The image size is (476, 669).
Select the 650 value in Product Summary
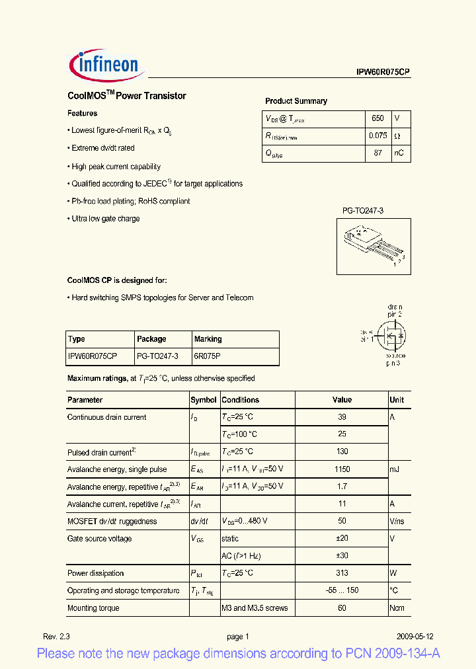point(377,118)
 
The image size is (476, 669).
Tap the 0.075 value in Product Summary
point(377,136)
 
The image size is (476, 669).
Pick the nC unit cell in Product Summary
point(399,153)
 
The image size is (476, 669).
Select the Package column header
point(151,339)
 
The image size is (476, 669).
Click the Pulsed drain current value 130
point(342,452)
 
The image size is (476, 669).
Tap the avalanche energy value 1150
point(342,469)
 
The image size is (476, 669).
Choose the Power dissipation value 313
point(342,573)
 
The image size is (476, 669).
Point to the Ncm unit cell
point(397,608)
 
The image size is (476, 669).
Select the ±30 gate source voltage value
point(342,556)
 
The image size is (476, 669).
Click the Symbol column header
point(204,400)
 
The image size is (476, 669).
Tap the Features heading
point(83,114)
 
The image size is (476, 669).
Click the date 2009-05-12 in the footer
point(415,637)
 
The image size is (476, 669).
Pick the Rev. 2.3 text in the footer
point(56,637)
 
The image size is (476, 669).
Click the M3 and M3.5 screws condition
point(255,608)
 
